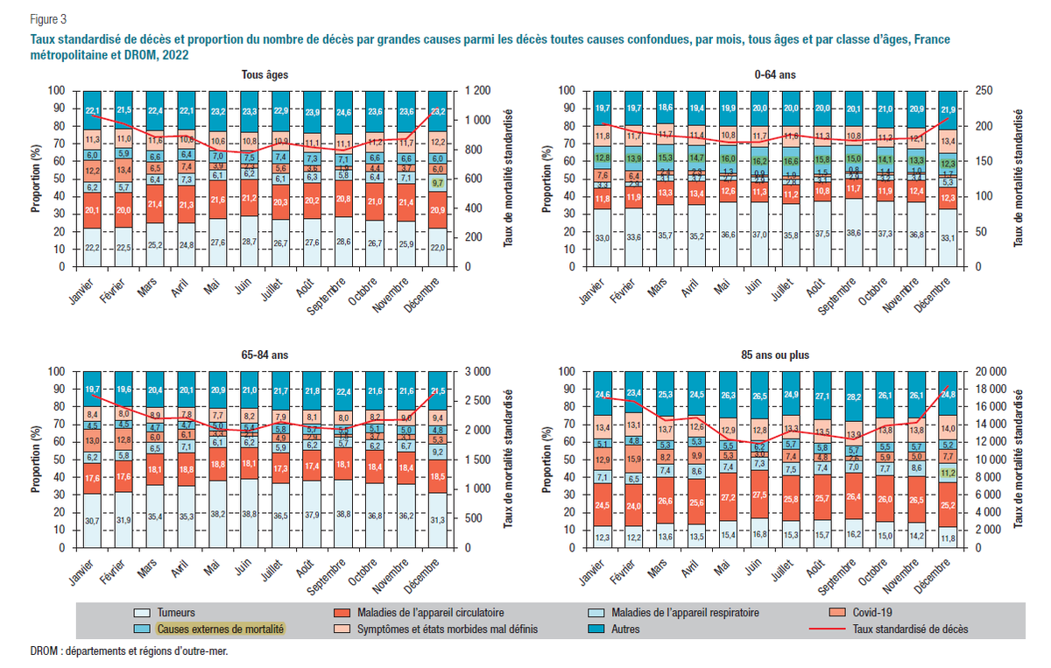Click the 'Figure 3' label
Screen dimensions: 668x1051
[x=48, y=18]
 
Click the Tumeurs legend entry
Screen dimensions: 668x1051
[x=175, y=613]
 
